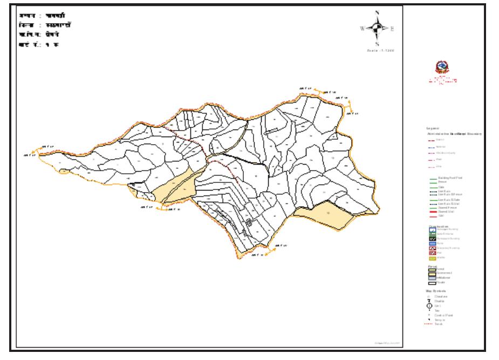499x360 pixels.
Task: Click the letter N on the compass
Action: (x=377, y=13)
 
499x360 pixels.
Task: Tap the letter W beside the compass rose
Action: (x=361, y=29)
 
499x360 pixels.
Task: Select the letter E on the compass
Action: (x=392, y=29)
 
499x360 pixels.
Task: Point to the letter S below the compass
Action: (x=377, y=44)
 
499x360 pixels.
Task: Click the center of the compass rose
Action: (x=377, y=28)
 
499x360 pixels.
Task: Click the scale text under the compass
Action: (x=382, y=50)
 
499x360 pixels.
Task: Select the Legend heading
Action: (x=433, y=128)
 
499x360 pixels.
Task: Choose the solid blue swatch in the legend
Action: (x=432, y=243)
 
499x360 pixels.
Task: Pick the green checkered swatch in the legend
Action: (x=432, y=234)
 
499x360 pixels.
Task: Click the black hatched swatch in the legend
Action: (x=432, y=239)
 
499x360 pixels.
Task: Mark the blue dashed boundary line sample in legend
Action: (x=432, y=146)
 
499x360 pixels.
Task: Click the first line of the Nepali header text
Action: (x=37, y=14)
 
